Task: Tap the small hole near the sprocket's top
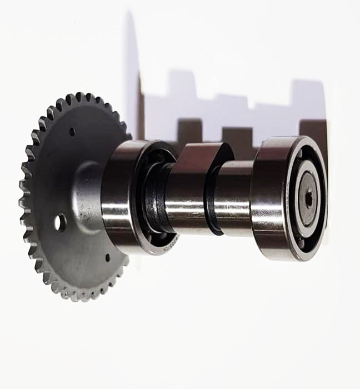coord(72,132)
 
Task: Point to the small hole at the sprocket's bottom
coord(108,257)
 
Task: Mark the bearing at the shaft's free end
coord(289,197)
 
